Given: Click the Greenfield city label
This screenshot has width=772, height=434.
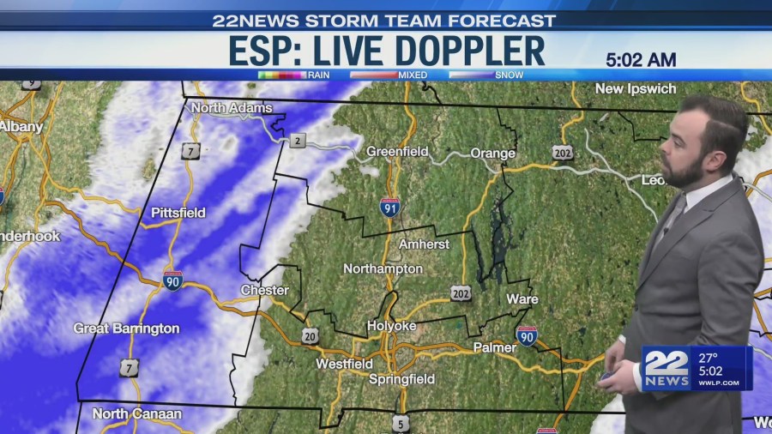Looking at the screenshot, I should pyautogui.click(x=397, y=152).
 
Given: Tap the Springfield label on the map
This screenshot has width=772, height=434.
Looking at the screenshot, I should pyautogui.click(x=401, y=379).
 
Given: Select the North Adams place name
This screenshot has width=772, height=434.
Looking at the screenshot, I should pyautogui.click(x=232, y=108).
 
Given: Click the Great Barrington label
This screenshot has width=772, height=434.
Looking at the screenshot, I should pyautogui.click(x=126, y=329).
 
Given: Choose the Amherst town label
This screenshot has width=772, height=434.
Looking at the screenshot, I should pyautogui.click(x=424, y=244).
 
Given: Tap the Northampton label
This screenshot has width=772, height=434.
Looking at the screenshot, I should pyautogui.click(x=383, y=269).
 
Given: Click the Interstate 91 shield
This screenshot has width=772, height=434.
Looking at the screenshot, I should pyautogui.click(x=389, y=207).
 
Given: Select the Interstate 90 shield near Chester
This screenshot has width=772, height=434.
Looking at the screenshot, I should pyautogui.click(x=172, y=280).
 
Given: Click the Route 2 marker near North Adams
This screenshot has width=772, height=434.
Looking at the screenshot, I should pyautogui.click(x=298, y=141).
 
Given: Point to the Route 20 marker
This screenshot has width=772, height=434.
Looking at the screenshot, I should pyautogui.click(x=310, y=335).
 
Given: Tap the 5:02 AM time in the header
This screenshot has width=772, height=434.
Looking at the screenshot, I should pyautogui.click(x=641, y=60).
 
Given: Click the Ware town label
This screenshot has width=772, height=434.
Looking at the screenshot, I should pyautogui.click(x=522, y=299).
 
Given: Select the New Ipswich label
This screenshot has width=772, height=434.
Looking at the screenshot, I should pyautogui.click(x=636, y=89).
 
